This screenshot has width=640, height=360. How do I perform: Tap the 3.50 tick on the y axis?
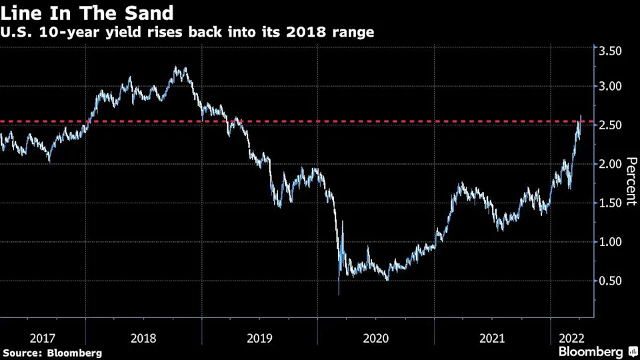click(x=610, y=51)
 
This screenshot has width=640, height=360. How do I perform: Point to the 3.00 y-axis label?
click(x=610, y=86)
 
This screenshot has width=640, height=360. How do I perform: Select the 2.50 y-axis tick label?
click(x=610, y=125)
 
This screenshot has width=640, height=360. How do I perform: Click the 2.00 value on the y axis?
click(x=610, y=164)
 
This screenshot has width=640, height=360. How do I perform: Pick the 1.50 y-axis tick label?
click(x=610, y=203)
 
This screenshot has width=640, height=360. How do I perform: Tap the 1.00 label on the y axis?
click(x=610, y=242)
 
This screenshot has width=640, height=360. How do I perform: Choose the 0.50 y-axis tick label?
click(x=610, y=281)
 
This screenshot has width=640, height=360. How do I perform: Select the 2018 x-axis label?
click(x=144, y=339)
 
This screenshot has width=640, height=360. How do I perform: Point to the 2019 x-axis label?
click(x=260, y=339)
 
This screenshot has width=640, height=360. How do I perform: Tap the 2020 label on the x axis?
click(x=376, y=339)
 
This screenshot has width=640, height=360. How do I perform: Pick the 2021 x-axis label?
click(x=492, y=339)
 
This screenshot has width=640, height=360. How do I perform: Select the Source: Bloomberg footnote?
click(x=53, y=353)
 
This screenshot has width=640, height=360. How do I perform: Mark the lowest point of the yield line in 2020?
click(x=339, y=295)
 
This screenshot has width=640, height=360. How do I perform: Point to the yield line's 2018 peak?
click(x=175, y=67)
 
